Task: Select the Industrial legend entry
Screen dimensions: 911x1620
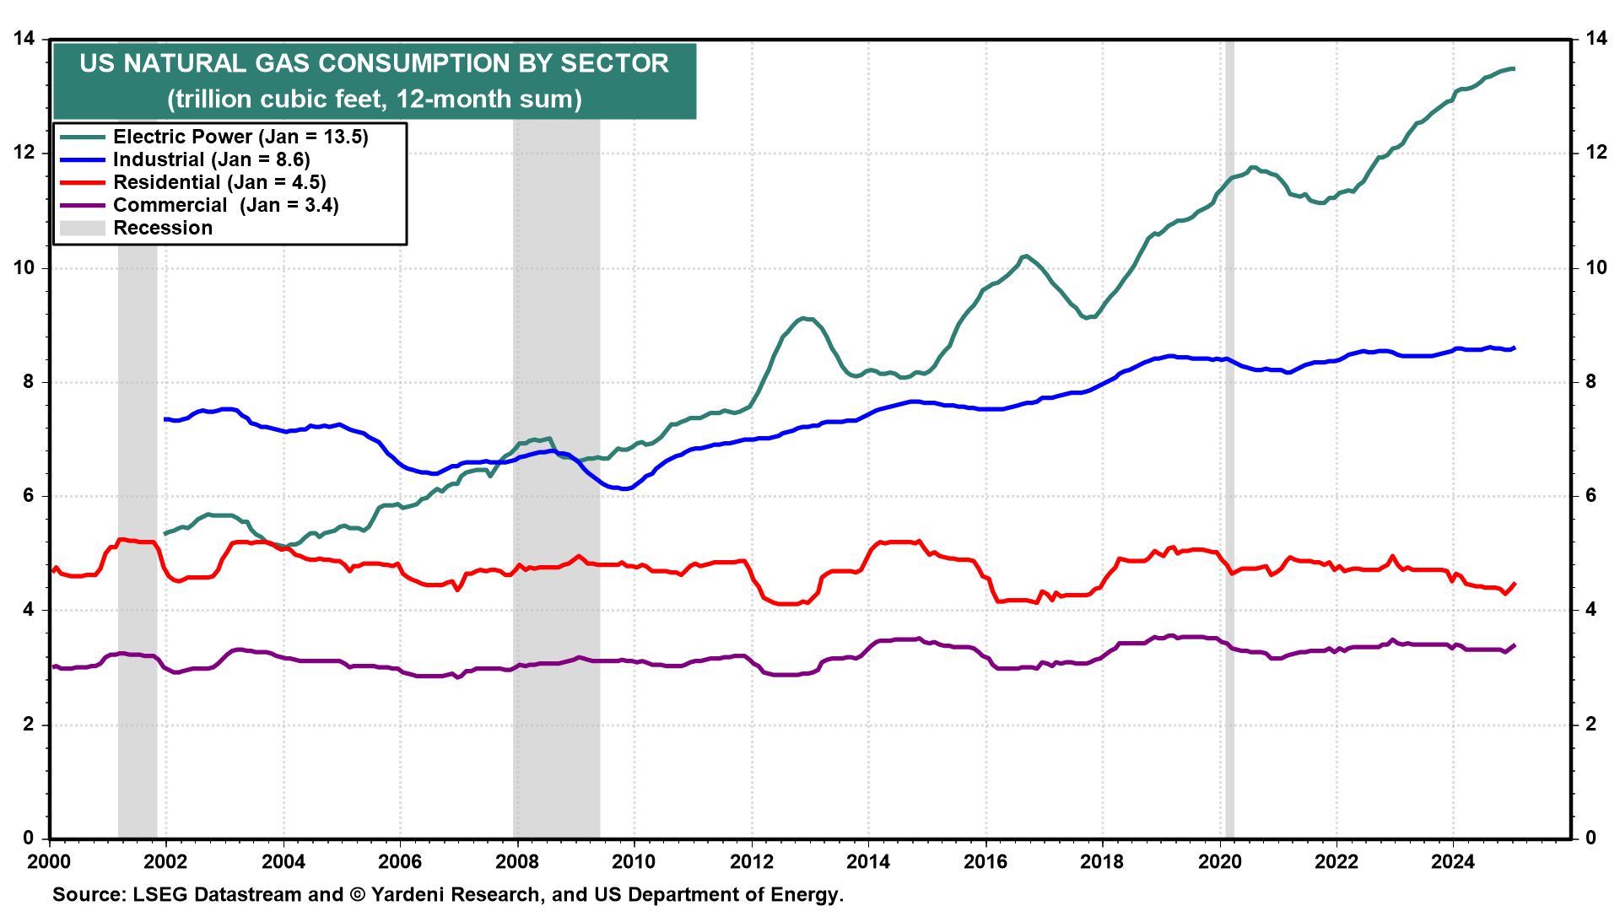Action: point(211,159)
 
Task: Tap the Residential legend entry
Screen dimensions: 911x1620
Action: point(219,182)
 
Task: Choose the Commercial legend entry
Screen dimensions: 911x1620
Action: point(225,205)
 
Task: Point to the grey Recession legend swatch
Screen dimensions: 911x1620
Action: point(83,228)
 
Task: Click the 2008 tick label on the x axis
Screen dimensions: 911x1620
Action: point(516,861)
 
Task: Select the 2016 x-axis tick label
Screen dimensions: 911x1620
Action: point(985,861)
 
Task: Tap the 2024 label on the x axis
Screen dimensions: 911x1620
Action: point(1453,861)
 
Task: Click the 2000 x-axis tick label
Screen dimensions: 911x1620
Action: point(49,861)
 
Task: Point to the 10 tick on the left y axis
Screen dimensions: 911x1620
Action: point(24,267)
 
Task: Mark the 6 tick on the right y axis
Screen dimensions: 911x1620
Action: point(1590,496)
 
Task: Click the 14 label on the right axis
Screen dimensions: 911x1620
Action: point(1596,39)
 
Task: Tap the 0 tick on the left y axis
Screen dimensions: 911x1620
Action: point(29,838)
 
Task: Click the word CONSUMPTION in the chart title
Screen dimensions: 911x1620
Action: point(434,63)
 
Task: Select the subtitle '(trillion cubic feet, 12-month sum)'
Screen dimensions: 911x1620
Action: point(375,99)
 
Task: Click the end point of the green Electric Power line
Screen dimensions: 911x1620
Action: point(1514,68)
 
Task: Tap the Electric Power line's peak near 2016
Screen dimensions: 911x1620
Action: point(1025,256)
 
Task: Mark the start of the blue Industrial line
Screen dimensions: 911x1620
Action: point(165,419)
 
